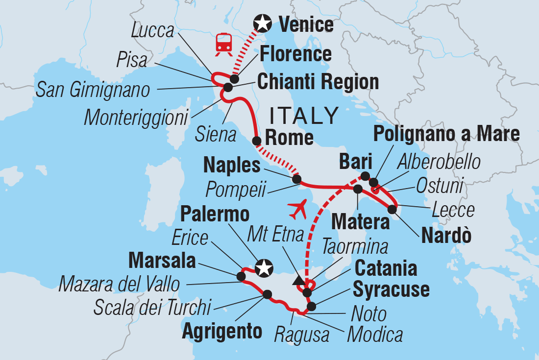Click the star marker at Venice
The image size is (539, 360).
[x=263, y=23]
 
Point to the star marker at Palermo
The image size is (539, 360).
[x=264, y=267]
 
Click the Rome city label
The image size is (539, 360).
[x=289, y=137]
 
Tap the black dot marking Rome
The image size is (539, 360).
[x=256, y=141]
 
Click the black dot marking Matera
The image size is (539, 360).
[x=358, y=189]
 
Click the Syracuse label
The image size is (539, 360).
[x=391, y=289]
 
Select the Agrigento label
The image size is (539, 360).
[x=222, y=332]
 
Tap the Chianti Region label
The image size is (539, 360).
[x=318, y=82]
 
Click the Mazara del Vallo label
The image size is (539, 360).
[x=119, y=284]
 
